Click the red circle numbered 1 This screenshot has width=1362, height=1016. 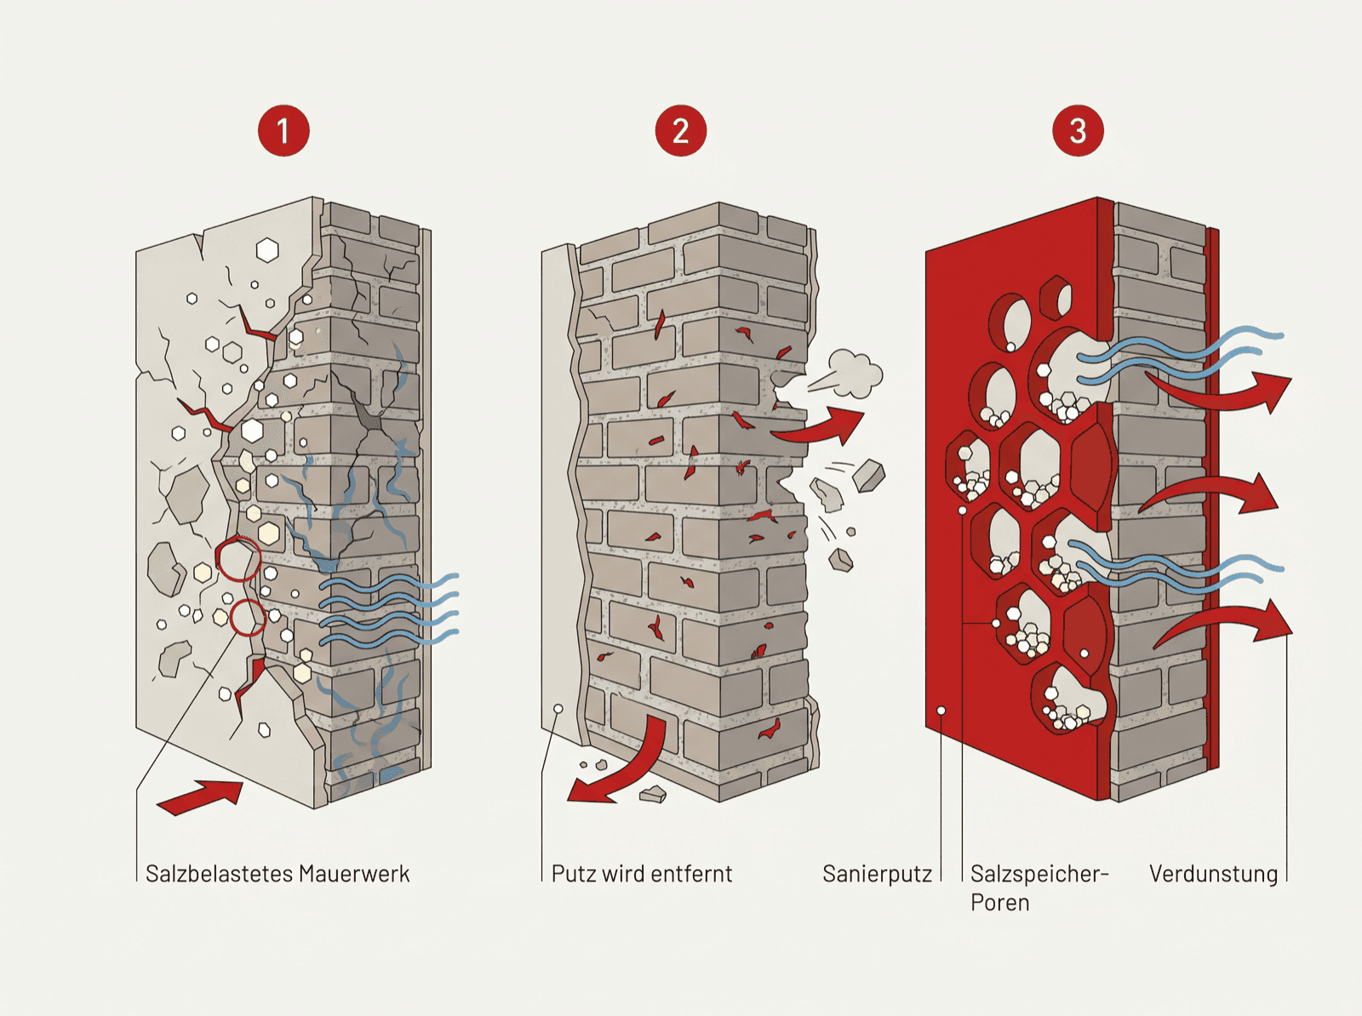[x=283, y=131]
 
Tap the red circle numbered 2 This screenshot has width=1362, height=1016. [x=681, y=131]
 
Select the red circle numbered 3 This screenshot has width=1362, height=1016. [x=1078, y=131]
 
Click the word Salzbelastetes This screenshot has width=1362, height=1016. [x=219, y=874]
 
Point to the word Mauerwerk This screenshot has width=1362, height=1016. [x=354, y=874]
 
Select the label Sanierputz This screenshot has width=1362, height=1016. [x=878, y=874]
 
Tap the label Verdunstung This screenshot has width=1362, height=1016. [x=1214, y=874]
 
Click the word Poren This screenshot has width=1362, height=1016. [x=999, y=903]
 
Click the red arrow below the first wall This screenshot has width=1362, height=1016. [x=200, y=797]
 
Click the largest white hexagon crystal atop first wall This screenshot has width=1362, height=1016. [x=267, y=249]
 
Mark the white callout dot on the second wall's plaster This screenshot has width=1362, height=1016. [x=558, y=708]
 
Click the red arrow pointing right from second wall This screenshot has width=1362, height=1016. [x=819, y=428]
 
